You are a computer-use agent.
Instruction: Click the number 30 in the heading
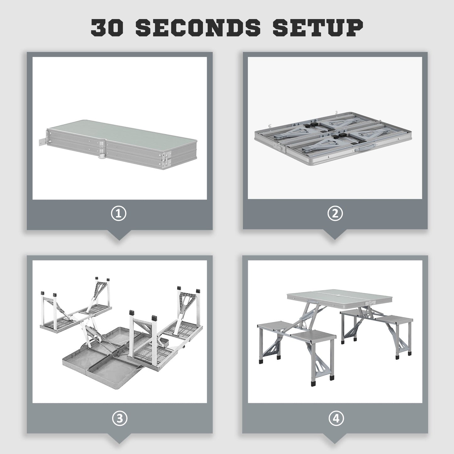point(107,28)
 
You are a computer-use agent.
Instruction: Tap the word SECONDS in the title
point(198,28)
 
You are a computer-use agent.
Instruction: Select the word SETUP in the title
point(318,28)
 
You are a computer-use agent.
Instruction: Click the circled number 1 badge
point(119,214)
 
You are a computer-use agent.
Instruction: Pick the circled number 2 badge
point(335,214)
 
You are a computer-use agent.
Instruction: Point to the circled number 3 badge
point(120,418)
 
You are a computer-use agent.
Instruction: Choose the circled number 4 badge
point(336,418)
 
